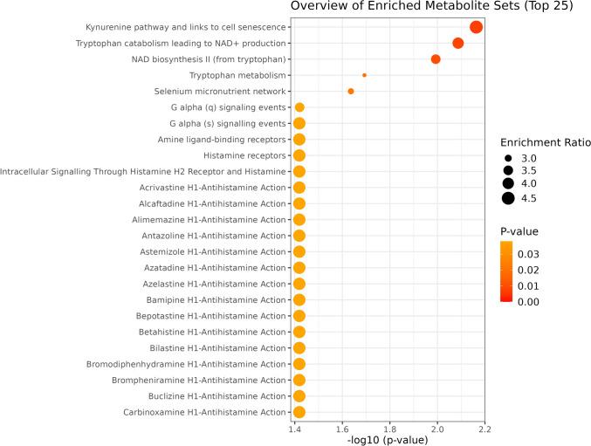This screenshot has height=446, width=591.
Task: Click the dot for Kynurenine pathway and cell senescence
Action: point(476,27)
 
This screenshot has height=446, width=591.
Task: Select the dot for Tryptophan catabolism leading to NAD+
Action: point(457,44)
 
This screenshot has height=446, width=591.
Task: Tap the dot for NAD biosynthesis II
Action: point(436,59)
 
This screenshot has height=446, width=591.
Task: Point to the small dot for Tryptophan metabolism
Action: point(364,75)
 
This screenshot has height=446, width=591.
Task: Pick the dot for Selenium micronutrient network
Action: point(351,92)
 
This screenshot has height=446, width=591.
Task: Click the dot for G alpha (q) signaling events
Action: point(299,107)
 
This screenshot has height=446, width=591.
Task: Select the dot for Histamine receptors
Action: point(299,155)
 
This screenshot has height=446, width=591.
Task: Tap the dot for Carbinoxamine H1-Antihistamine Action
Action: point(299,412)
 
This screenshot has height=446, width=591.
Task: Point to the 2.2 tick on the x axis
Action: point(484,429)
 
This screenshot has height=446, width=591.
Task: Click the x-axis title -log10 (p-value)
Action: point(388,440)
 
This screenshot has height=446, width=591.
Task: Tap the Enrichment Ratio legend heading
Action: point(545,141)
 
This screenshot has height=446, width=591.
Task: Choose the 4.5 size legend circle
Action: point(507,199)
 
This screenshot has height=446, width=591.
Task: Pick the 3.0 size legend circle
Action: point(507,157)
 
